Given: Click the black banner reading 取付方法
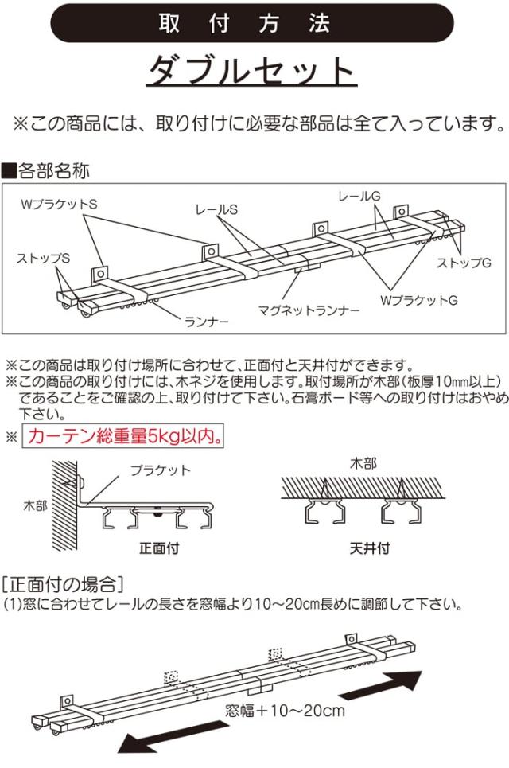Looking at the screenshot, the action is point(252,22).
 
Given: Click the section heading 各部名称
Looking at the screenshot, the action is point(46,170).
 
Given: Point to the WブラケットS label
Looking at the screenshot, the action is point(59,204).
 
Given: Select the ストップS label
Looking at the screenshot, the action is point(44,258).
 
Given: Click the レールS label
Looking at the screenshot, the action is point(216,209).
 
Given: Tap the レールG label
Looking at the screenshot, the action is point(359,196).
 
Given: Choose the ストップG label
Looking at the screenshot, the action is point(464,263).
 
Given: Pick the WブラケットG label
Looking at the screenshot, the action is point(419,300).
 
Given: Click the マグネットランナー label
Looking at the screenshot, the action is point(309,310).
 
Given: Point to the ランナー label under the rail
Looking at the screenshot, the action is point(207,322).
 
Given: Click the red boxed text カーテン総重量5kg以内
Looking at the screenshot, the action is point(123,436).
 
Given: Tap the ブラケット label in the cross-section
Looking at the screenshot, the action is point(161,470).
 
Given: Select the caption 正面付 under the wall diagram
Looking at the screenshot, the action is point(159,548).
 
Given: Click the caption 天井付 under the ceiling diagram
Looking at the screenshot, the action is point(370,548).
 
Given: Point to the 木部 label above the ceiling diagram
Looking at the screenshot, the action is point(363,463).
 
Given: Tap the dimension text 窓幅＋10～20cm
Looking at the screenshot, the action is point(286,710).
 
